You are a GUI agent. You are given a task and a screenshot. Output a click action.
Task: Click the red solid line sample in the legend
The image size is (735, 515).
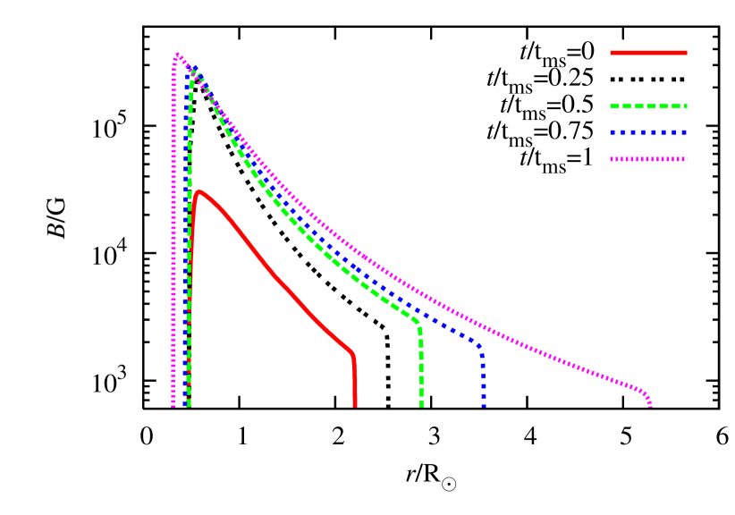(x=648, y=53)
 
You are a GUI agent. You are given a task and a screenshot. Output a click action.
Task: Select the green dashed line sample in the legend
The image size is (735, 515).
(x=648, y=106)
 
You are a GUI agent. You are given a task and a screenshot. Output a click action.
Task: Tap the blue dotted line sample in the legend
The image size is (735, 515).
(x=648, y=132)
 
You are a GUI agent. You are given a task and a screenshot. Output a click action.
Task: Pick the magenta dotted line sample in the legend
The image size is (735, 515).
(x=648, y=159)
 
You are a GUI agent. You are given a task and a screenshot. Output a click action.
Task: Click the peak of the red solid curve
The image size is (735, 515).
(x=199, y=190)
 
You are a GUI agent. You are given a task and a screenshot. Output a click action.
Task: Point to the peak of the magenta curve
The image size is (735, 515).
(x=177, y=55)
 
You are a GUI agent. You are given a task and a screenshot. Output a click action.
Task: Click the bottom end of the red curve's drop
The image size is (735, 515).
(x=355, y=406)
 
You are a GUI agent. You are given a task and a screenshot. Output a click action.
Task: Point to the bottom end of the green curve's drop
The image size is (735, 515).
(x=421, y=406)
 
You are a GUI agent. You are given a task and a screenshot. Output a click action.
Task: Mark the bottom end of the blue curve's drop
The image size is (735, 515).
(x=484, y=406)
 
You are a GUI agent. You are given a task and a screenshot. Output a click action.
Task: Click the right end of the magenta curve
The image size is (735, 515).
(x=650, y=405)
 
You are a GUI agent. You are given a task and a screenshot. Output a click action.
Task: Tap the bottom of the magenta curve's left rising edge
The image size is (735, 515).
(x=173, y=405)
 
